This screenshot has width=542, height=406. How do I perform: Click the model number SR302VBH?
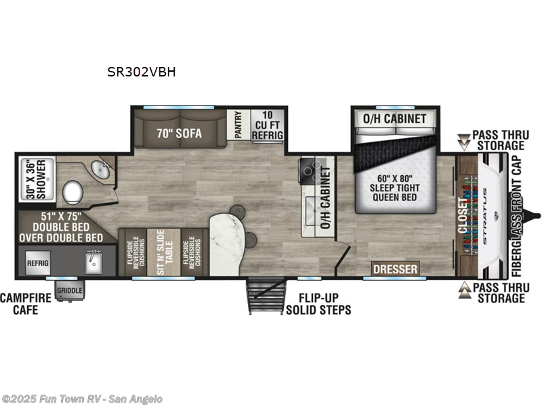141,71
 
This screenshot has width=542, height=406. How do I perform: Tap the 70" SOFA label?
179,133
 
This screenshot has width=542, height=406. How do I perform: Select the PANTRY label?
238,126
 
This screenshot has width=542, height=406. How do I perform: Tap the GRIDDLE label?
69,291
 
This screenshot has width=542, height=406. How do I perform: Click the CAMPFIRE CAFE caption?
19,304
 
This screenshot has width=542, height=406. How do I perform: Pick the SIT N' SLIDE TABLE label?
163,252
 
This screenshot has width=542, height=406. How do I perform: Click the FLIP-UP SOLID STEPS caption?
318,304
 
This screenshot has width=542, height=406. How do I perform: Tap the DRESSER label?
395,269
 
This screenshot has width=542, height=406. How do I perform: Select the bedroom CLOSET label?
464,216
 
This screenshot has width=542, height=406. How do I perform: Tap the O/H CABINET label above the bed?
395,118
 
